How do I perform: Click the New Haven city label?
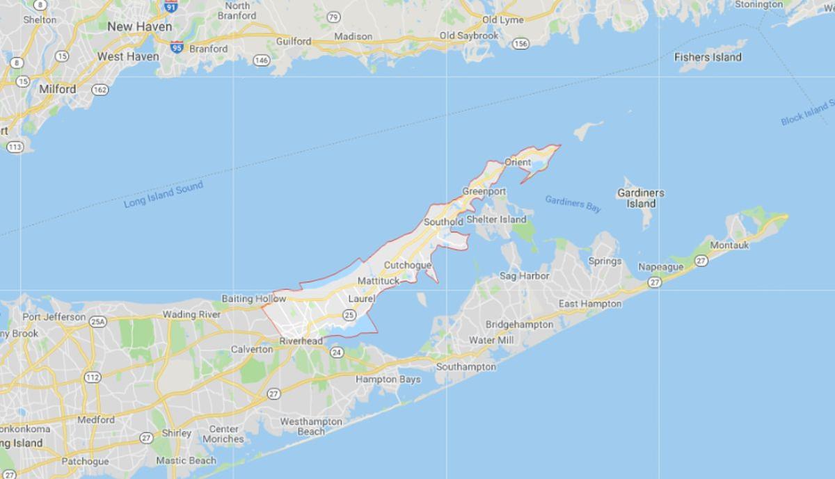click(x=139, y=26)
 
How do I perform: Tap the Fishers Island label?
click(x=708, y=58)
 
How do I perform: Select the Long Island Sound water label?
click(x=164, y=195)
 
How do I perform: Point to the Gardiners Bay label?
click(x=573, y=203)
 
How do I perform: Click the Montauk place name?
click(x=728, y=246)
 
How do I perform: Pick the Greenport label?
click(x=484, y=191)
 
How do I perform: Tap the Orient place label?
click(x=517, y=162)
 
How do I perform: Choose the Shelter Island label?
click(x=496, y=220)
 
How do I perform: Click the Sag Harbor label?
click(x=525, y=276)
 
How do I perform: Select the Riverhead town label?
click(x=301, y=341)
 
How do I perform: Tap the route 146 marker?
click(x=261, y=60)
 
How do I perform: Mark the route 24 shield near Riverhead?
click(x=337, y=353)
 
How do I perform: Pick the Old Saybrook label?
click(x=468, y=35)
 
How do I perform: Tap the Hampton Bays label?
click(x=388, y=380)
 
